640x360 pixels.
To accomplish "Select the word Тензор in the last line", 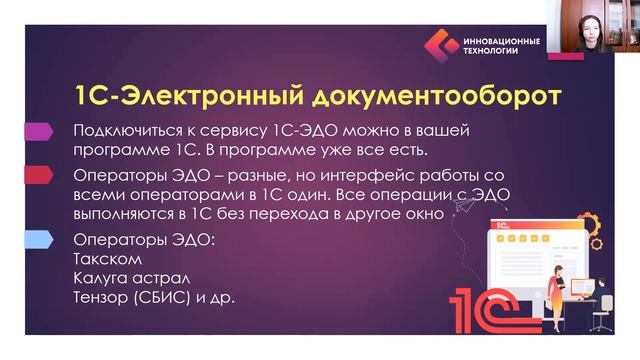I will tap(105, 299).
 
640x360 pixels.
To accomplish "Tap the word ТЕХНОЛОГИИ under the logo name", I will tap(492, 52).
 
